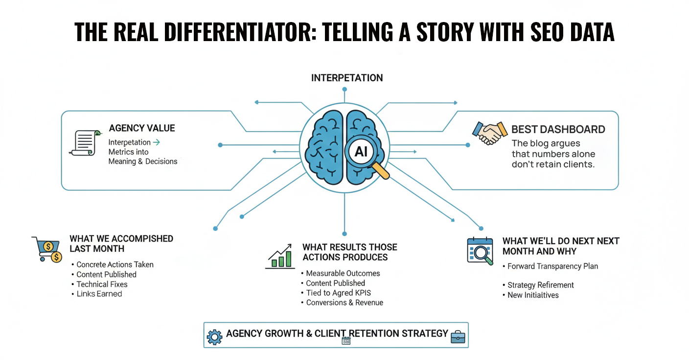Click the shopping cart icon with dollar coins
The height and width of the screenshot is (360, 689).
pyautogui.click(x=47, y=249)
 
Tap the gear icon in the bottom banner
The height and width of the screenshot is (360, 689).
pyautogui.click(x=214, y=337)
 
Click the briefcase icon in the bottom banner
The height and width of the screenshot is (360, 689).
pyautogui.click(x=458, y=336)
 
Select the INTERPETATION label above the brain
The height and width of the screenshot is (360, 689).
pyautogui.click(x=347, y=78)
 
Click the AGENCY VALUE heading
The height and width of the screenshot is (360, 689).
pyautogui.click(x=142, y=128)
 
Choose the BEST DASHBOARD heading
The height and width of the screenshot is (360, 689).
pyautogui.click(x=558, y=130)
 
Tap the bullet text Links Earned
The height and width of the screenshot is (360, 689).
pyautogui.click(x=99, y=294)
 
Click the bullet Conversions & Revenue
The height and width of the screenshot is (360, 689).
pyautogui.click(x=344, y=303)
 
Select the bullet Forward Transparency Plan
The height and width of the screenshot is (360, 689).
pyautogui.click(x=552, y=267)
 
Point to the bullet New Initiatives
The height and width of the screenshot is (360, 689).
pyautogui.click(x=533, y=295)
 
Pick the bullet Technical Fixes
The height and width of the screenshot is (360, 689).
pyautogui.click(x=102, y=284)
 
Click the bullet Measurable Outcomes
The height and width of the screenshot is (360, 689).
pyautogui.click(x=343, y=273)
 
